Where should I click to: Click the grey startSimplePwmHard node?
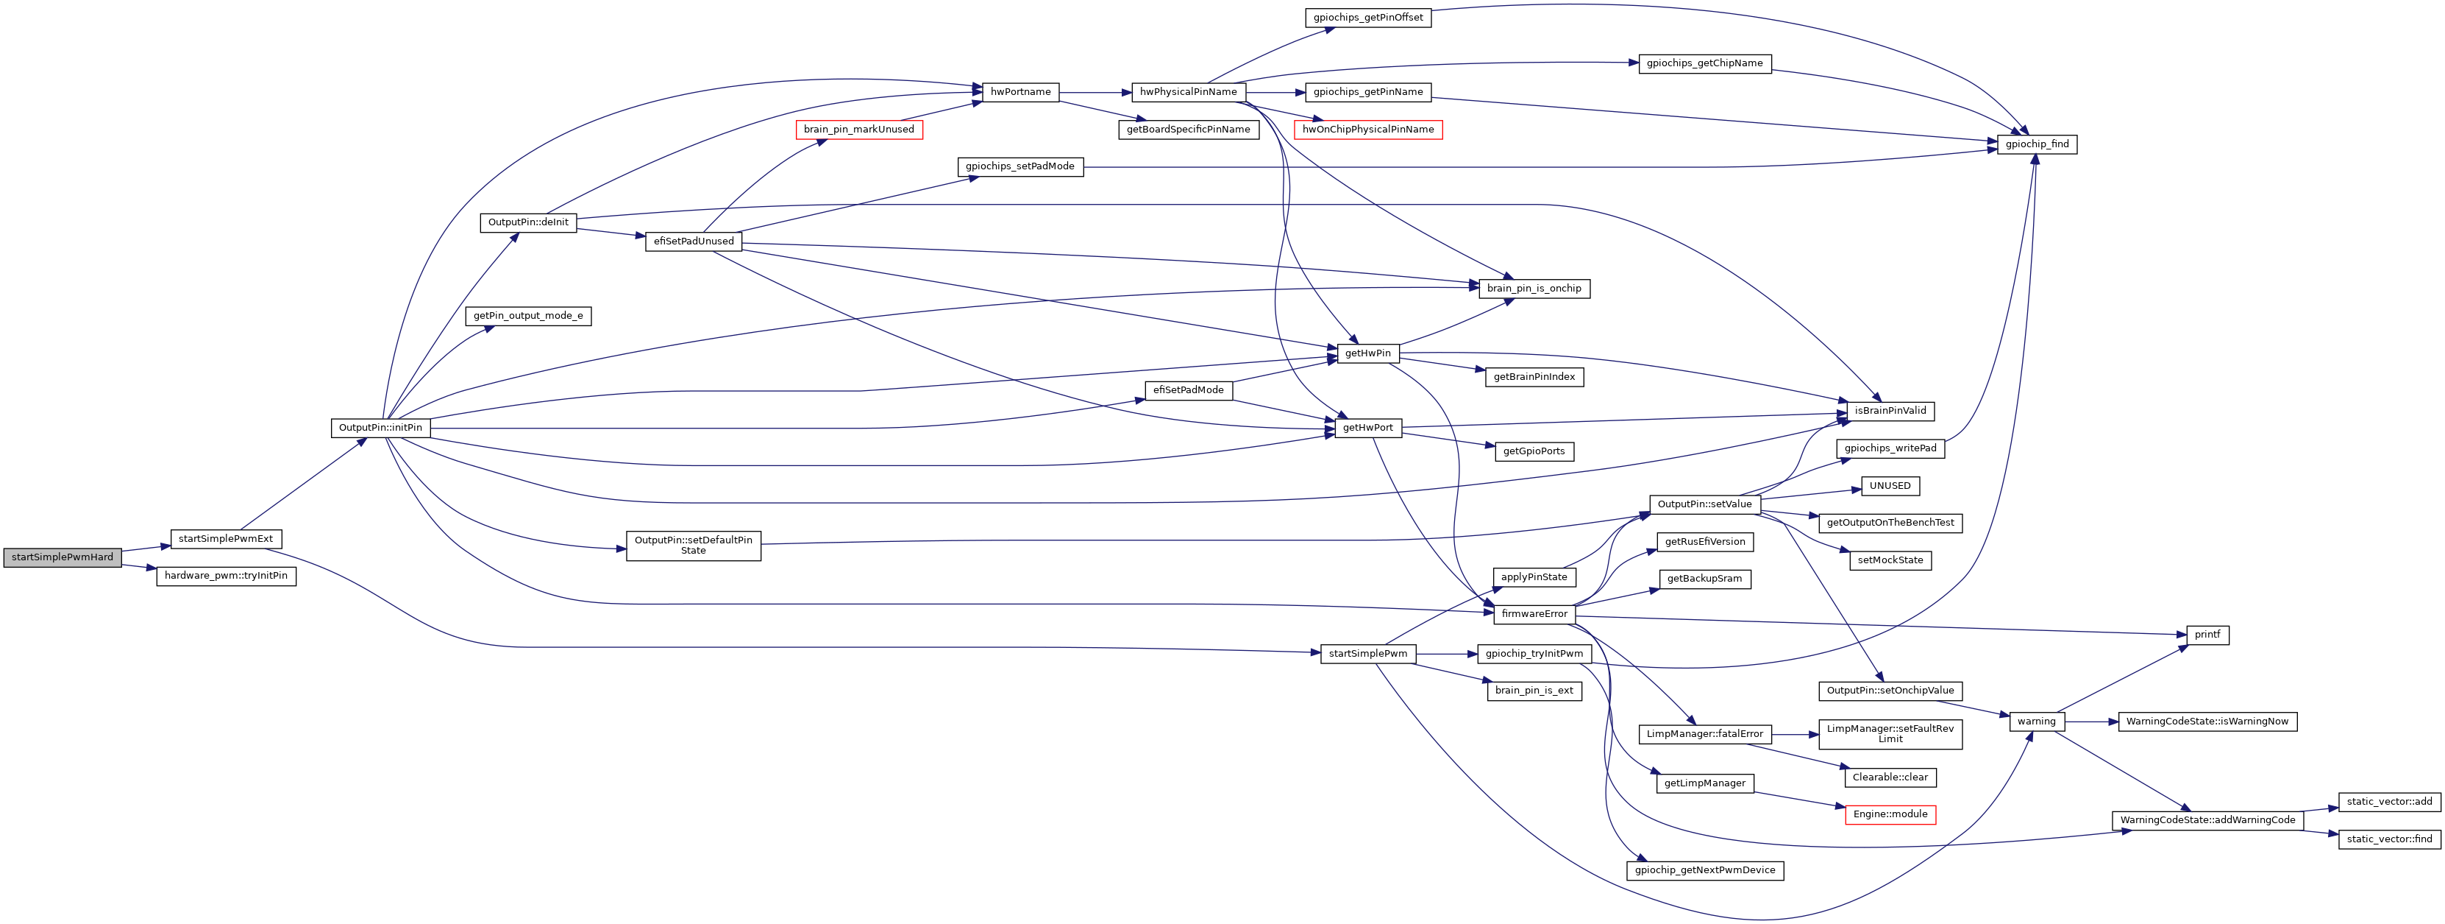63,557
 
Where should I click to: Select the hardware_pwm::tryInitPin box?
226,576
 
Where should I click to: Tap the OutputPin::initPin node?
380,427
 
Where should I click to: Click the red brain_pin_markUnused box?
859,129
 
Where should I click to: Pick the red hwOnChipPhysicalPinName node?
1367,129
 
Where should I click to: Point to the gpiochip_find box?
2037,144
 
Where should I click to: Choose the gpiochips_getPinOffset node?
1367,17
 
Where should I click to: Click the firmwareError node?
1534,613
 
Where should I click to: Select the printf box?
2207,635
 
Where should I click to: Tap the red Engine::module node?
1890,814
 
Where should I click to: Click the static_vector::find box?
2389,839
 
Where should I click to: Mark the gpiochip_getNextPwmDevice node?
1705,870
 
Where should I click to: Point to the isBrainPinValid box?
1890,410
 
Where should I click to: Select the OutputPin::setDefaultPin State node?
693,545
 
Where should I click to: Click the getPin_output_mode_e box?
529,315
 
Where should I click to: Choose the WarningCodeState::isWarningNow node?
2207,721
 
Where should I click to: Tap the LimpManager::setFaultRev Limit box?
1890,733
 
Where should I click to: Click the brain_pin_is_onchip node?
1534,288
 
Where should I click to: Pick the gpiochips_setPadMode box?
1019,166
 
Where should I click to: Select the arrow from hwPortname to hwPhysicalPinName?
1095,92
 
